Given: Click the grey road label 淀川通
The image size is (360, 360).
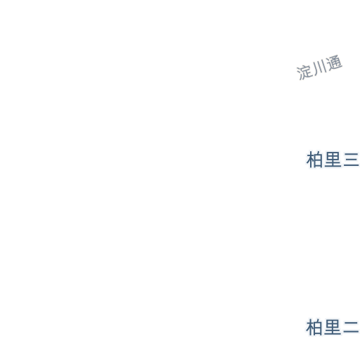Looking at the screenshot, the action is click(319, 67).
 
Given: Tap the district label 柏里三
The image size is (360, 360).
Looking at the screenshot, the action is click(333, 160).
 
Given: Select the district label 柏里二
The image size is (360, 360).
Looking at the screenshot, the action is click(333, 327).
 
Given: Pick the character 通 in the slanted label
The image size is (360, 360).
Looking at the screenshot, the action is click(335, 63).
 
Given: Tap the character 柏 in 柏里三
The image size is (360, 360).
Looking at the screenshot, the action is click(314, 160).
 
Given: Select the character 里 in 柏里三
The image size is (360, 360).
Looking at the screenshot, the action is click(333, 160).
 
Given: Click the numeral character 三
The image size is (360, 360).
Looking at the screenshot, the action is click(352, 160).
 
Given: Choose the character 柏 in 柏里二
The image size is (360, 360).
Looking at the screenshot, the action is click(314, 327).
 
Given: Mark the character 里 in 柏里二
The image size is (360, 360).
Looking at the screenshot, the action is click(333, 327).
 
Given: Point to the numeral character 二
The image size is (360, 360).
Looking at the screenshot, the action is click(352, 327).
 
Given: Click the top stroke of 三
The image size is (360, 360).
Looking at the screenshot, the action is click(352, 154).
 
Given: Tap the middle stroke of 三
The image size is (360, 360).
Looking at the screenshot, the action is click(352, 160).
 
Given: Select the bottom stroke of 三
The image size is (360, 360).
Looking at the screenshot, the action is click(352, 166).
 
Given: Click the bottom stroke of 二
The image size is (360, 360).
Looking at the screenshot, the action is click(352, 332).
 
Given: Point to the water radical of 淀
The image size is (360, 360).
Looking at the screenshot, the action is click(300, 75).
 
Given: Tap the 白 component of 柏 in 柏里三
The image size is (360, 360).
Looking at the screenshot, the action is click(319, 160).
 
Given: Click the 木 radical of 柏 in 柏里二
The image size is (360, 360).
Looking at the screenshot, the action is click(310, 327).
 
